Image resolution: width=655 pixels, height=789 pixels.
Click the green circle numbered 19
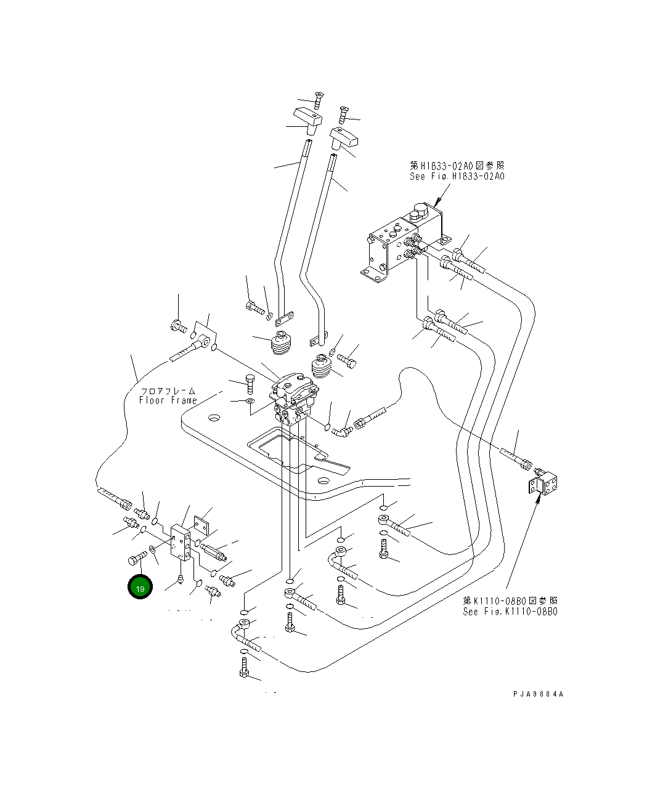[x=140, y=588]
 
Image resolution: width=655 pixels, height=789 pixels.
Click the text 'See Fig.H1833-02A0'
[x=457, y=176]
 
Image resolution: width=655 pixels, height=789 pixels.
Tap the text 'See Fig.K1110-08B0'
[x=510, y=612]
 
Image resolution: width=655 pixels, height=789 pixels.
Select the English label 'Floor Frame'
[x=168, y=400]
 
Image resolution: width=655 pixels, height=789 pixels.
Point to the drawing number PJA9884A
[x=538, y=694]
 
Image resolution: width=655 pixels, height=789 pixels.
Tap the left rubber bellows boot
[x=283, y=344]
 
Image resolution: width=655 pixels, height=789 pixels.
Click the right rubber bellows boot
[x=322, y=368]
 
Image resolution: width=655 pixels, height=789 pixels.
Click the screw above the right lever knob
[x=343, y=114]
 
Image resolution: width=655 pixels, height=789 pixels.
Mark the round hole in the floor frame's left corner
[x=213, y=419]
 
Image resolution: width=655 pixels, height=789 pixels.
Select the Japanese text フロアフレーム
[x=168, y=390]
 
